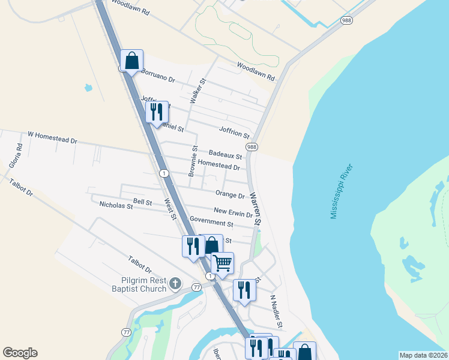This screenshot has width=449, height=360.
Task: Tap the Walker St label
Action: pos(198,91)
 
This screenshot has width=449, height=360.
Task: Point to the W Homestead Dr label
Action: pos(53,137)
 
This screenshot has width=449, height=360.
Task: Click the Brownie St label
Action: pos(192,161)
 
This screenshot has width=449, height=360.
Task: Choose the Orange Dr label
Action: pos(230,195)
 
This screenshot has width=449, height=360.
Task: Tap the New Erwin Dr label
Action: pos(234,212)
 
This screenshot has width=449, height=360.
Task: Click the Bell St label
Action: pos(143,203)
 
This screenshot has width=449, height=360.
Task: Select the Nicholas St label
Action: pos(116,206)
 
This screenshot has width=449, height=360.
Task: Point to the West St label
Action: pos(169,209)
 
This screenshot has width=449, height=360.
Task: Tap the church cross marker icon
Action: pos(175,283)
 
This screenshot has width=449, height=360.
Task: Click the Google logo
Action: pos(20,353)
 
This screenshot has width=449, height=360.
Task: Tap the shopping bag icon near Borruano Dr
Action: pos(132,61)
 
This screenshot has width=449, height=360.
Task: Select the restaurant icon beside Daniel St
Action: pos(157,112)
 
